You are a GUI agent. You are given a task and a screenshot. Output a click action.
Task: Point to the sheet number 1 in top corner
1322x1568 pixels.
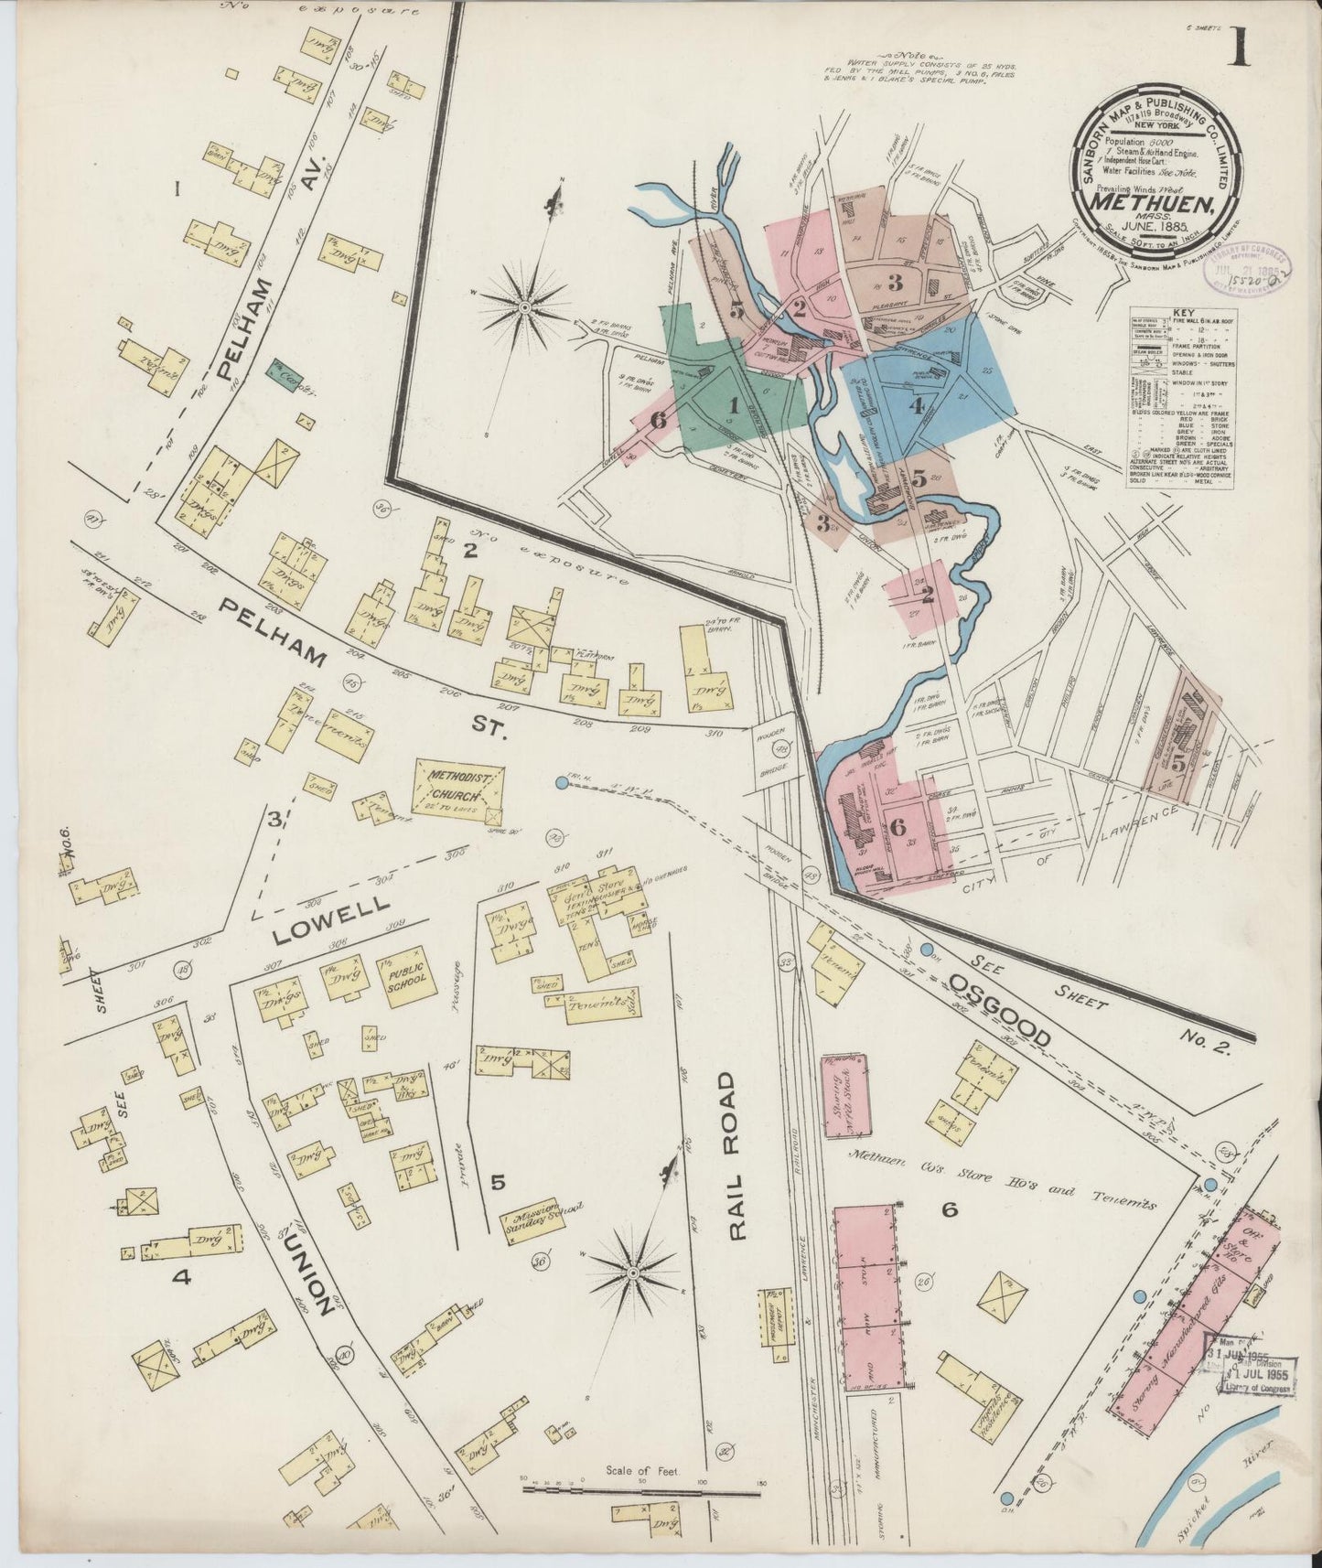[1239, 46]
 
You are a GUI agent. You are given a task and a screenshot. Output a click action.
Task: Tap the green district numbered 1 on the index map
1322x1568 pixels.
[732, 403]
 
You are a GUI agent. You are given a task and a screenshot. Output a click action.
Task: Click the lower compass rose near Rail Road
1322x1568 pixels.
[632, 1273]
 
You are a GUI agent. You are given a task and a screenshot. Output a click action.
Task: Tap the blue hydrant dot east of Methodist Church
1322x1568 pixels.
[560, 782]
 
